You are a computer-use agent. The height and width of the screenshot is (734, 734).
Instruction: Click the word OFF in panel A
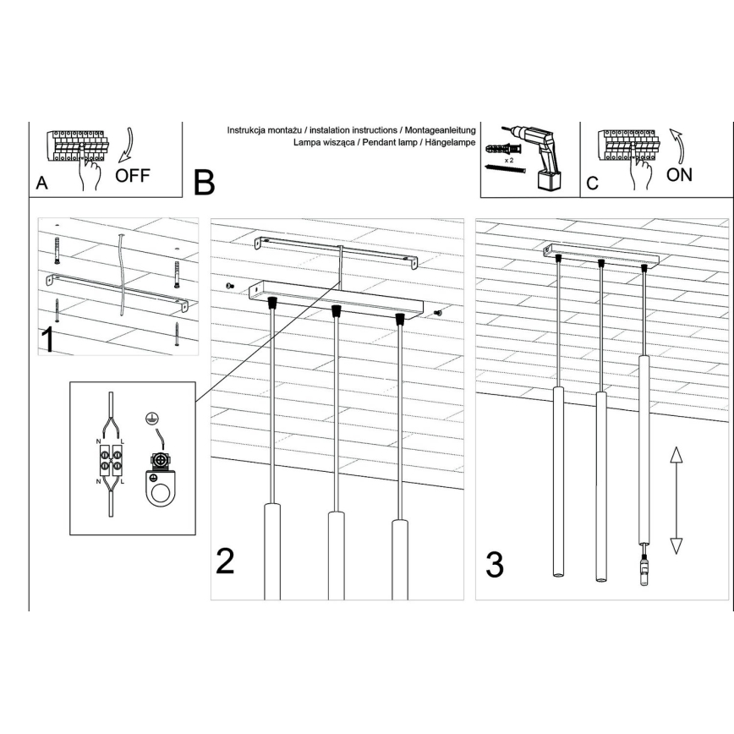134,176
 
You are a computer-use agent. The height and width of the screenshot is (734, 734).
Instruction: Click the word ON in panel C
679,175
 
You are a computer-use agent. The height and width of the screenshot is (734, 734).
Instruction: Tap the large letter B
205,181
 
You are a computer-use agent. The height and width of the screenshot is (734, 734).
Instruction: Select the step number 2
225,561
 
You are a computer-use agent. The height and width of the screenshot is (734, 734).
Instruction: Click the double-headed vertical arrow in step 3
676,501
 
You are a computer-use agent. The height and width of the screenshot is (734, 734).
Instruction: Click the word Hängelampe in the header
455,145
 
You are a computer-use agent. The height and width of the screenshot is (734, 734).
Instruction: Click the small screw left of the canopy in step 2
230,288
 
